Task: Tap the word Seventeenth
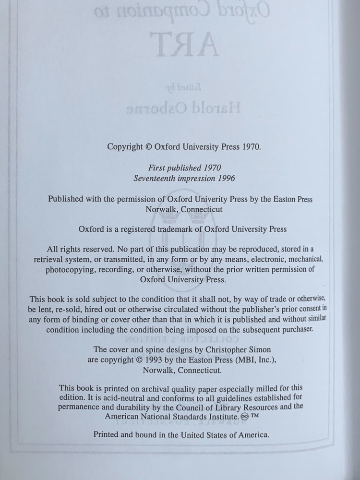[156, 178]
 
